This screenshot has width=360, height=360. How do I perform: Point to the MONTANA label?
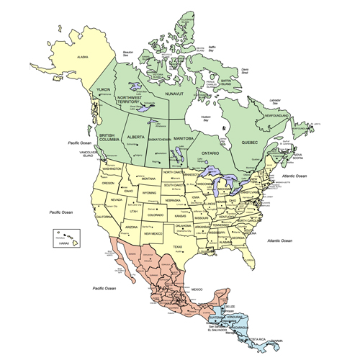point(148,178)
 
